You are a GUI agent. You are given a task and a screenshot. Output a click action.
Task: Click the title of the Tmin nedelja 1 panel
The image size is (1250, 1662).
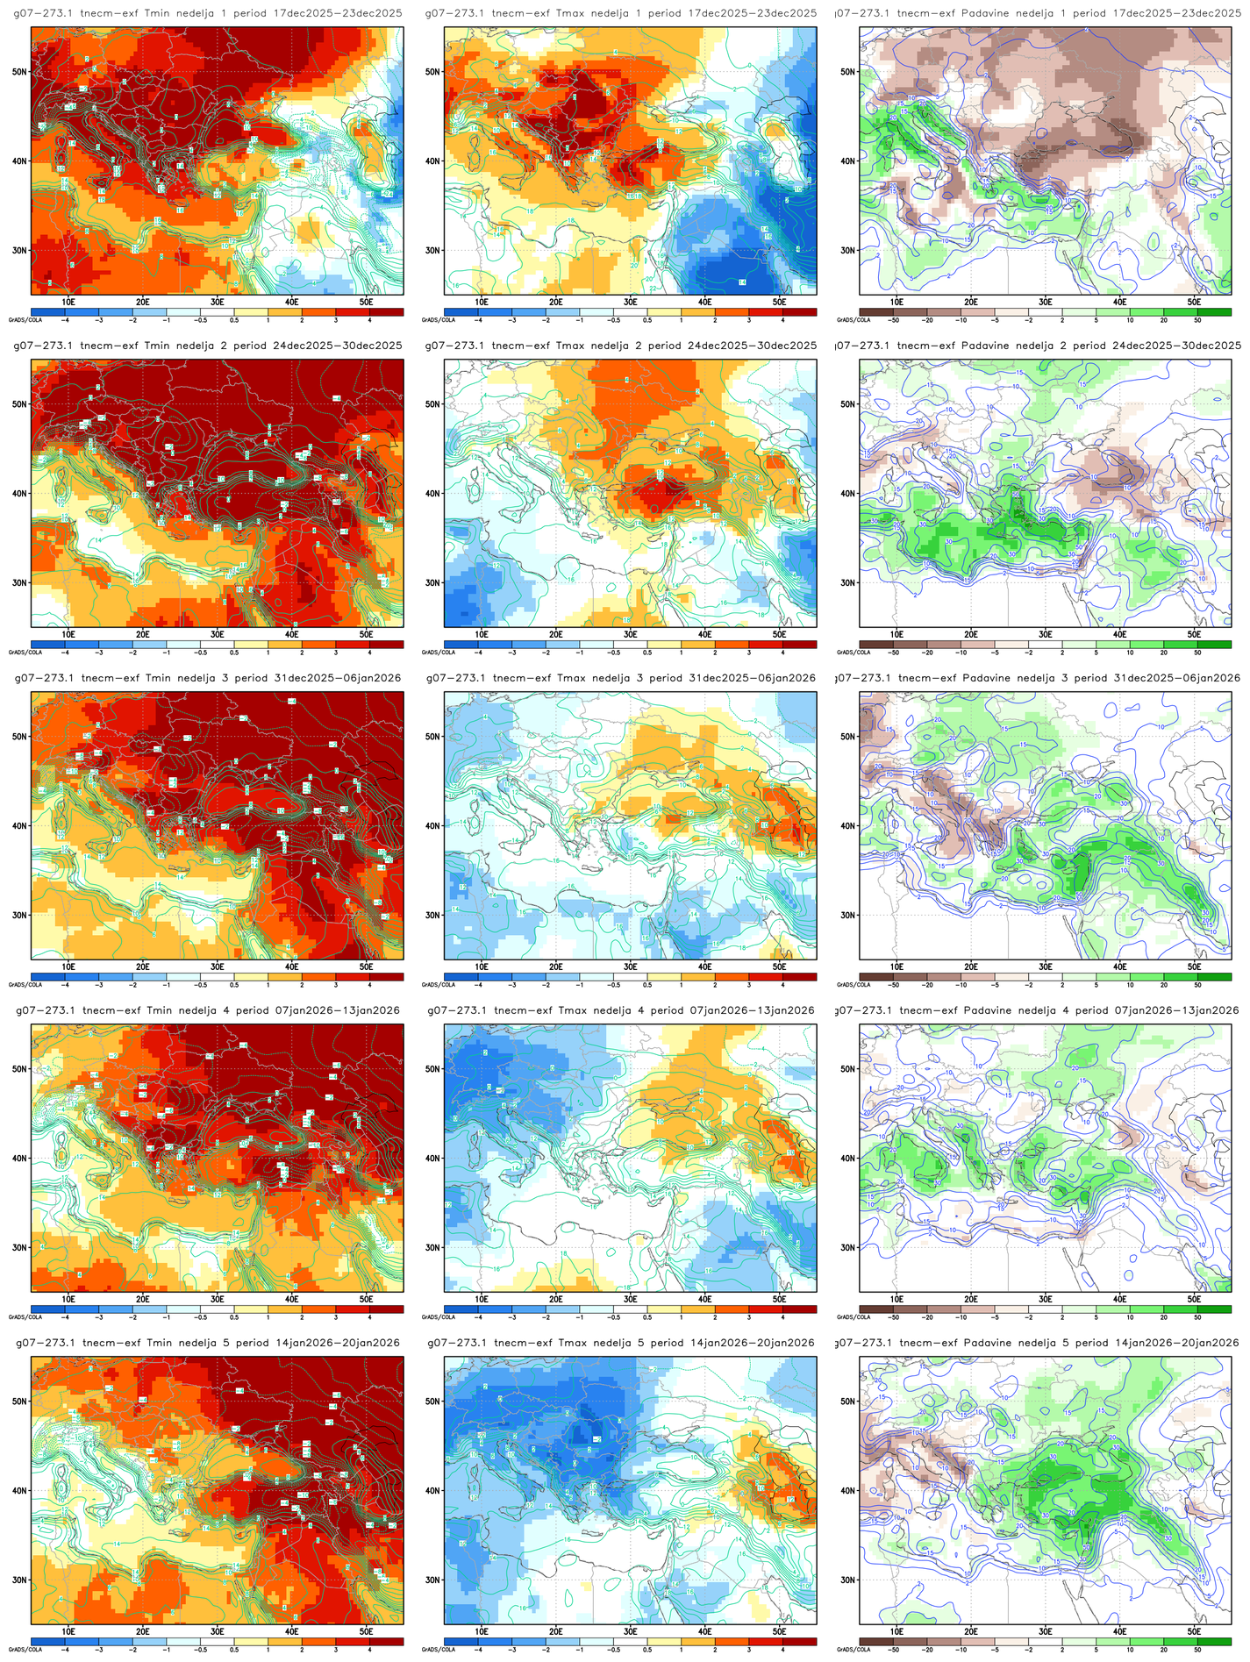(x=208, y=13)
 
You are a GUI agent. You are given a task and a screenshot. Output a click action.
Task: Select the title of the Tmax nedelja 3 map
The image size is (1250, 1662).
(x=621, y=678)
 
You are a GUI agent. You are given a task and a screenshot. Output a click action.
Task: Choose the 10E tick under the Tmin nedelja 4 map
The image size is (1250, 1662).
(x=68, y=1299)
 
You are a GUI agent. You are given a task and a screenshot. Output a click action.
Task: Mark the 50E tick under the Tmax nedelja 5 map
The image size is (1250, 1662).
(x=779, y=1631)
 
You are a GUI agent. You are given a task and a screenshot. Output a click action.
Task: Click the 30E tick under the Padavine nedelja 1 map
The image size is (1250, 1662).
(x=1046, y=302)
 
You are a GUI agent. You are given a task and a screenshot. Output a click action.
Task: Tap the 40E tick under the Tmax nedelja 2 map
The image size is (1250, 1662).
(x=704, y=634)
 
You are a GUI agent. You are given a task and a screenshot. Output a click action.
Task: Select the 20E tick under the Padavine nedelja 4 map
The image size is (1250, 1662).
(x=971, y=1299)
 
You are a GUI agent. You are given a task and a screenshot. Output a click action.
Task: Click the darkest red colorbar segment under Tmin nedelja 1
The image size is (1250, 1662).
(x=386, y=311)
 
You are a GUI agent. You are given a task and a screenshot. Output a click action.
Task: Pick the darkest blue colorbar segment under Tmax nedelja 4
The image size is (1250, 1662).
(x=461, y=1309)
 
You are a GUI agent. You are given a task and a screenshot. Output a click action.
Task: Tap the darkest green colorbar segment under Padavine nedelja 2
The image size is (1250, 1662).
(x=1214, y=644)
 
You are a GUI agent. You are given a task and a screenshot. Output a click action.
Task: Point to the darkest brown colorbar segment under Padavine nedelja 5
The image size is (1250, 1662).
(x=876, y=1641)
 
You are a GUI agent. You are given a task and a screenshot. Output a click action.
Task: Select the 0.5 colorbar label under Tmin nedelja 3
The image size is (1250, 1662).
(x=234, y=986)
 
